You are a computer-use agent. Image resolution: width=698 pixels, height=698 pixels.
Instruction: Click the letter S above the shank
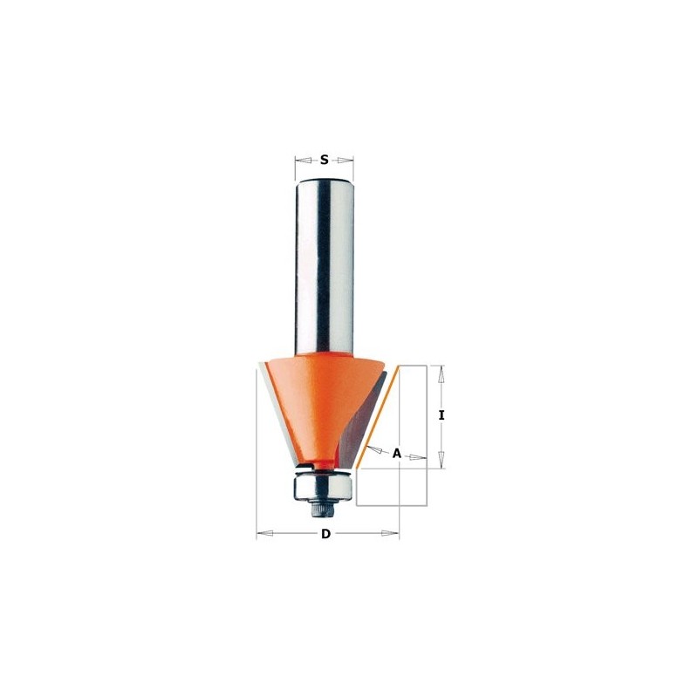click(324, 160)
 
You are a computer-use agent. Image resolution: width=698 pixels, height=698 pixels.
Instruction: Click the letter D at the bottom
click(325, 534)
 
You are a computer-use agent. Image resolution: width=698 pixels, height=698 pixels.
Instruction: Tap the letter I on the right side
click(442, 416)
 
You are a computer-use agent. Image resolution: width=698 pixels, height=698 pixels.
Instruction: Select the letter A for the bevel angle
click(396, 453)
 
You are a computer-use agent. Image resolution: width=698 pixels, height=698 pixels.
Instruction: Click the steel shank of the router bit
click(325, 262)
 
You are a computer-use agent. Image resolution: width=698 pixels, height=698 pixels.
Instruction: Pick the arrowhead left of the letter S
click(299, 160)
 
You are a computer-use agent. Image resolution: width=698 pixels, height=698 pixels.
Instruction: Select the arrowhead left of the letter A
click(373, 448)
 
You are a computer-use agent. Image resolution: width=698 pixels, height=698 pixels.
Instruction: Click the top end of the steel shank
click(324, 178)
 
